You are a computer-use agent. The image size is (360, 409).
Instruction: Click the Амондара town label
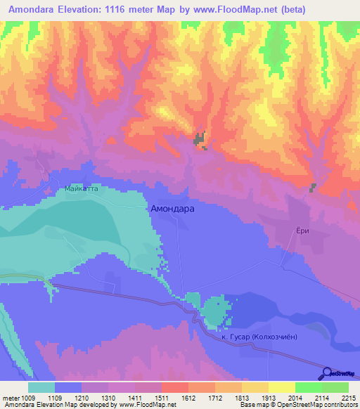tap(173, 209)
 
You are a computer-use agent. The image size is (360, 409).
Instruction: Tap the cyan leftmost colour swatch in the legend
tap(41, 387)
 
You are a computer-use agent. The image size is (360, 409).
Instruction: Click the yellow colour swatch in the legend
tap(282, 387)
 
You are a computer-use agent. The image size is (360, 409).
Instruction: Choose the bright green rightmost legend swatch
tap(335, 387)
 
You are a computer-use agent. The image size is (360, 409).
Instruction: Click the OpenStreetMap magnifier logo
tap(328, 372)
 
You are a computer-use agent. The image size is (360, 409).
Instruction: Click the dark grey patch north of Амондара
tap(200, 140)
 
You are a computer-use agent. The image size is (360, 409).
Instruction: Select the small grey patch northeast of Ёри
tap(313, 187)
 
